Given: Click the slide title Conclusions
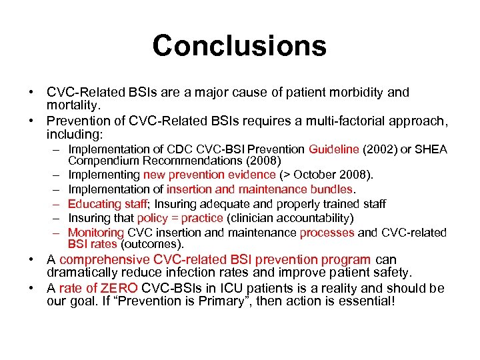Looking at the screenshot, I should [x=239, y=46].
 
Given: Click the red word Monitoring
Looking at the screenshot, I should [x=96, y=233].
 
